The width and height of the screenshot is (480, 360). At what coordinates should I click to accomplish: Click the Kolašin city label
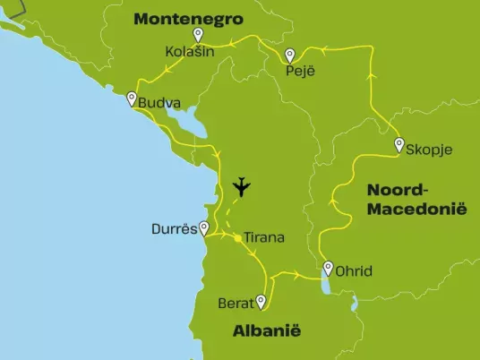189,53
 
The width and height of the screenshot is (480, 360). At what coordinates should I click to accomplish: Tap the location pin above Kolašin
199,35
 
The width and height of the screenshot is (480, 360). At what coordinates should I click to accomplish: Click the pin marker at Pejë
290,56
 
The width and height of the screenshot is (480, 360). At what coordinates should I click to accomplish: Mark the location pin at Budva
132,99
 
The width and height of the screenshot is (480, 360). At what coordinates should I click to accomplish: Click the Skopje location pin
399,145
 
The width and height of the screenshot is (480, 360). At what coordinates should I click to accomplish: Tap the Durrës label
175,229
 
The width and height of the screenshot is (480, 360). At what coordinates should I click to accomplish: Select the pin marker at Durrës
205,228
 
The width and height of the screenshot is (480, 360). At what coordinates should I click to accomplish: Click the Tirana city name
264,238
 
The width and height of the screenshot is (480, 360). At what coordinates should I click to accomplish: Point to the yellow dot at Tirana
236,238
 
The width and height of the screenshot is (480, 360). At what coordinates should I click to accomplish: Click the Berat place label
236,304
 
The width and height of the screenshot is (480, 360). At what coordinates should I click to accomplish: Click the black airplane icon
241,187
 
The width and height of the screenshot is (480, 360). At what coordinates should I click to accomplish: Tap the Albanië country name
267,331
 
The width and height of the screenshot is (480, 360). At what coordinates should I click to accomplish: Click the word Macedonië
417,209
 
